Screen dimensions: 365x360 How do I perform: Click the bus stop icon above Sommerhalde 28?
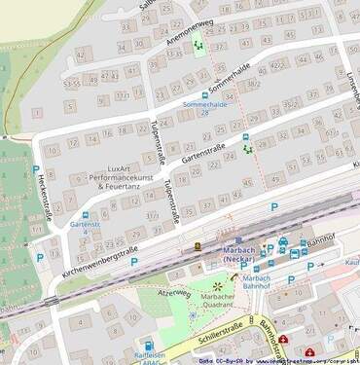coord(204,94)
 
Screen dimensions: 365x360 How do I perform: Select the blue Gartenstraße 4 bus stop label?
coord(86,229)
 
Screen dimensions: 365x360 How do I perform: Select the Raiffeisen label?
coord(148,357)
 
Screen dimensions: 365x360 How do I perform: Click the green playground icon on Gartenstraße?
coord(247,149)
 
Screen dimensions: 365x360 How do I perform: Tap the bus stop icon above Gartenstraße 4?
coord(86,214)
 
